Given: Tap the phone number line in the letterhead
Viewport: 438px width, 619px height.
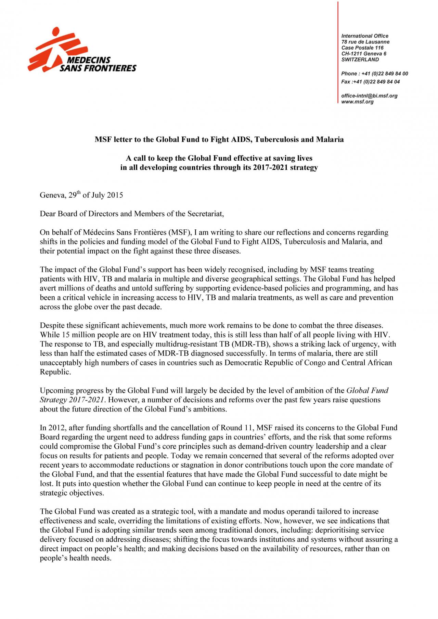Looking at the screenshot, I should [374, 74].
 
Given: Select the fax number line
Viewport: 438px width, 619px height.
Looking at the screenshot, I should [370, 82].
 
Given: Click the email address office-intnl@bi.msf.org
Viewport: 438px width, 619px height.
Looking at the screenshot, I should [369, 96].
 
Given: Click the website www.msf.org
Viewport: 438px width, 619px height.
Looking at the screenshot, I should [357, 102].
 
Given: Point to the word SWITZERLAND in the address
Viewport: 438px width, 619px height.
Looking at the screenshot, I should [360, 59].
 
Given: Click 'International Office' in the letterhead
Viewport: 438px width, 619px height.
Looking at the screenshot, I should [365, 36].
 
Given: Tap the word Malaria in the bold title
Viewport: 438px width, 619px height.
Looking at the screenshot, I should [330, 139].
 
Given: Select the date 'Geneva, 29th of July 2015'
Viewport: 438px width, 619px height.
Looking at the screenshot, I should [81, 195].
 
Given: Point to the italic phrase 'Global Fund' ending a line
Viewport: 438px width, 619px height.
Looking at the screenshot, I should [367, 390].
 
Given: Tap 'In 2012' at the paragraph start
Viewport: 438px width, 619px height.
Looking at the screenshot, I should [52, 428].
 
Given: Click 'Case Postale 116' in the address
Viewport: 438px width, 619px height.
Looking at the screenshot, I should [362, 48].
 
